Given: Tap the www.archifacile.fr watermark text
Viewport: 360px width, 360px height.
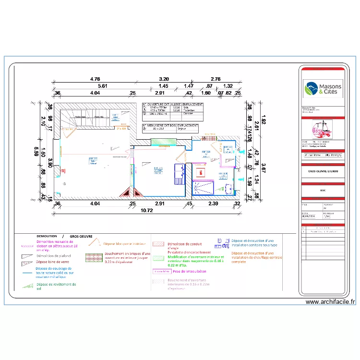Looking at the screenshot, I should coord(330,302).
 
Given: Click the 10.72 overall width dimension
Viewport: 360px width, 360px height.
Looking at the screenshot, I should coord(147,210).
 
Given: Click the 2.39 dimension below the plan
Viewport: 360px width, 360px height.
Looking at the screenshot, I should coord(213,204).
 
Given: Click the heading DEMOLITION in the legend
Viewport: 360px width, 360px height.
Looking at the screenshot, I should coord(47,237).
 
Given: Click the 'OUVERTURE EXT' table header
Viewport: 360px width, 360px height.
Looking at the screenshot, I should coord(156,104).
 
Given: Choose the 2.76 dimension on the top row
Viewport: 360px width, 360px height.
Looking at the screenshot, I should coord(216,79).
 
